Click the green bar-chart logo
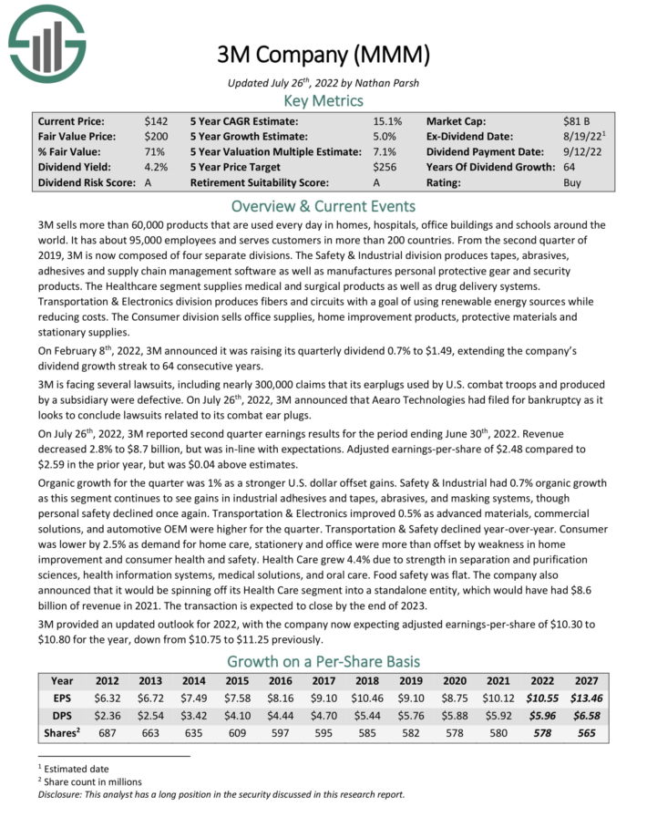pyautogui.click(x=46, y=40)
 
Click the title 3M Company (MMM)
pyautogui.click(x=323, y=54)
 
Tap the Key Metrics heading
pyautogui.click(x=323, y=100)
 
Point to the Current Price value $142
pyautogui.click(x=156, y=120)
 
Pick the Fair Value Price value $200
pyautogui.click(x=156, y=136)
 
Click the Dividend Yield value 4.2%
pyautogui.click(x=156, y=167)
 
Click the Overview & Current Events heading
pyautogui.click(x=323, y=205)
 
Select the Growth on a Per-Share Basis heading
pyautogui.click(x=323, y=661)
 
